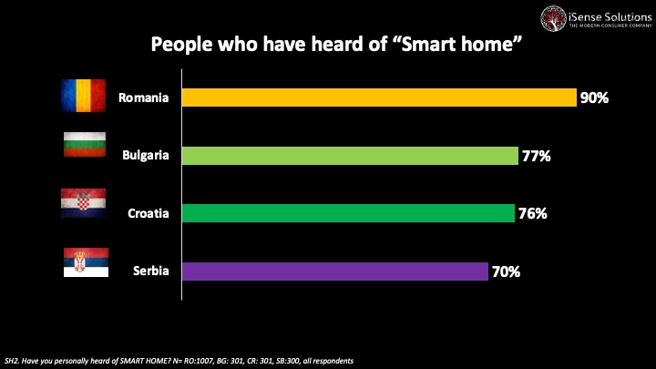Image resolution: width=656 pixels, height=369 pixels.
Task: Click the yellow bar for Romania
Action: [379, 97]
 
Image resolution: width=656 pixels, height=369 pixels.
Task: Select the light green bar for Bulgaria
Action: [350, 156]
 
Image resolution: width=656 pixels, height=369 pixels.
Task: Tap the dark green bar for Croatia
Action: [348, 213]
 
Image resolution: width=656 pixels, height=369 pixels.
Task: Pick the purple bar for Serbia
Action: [335, 272]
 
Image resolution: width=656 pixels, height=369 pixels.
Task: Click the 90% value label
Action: [594, 97]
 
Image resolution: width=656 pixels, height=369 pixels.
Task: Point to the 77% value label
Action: [536, 156]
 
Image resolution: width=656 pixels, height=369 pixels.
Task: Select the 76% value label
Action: [532, 213]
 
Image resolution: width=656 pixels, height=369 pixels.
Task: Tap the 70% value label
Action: [506, 272]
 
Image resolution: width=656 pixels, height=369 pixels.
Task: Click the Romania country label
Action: [144, 97]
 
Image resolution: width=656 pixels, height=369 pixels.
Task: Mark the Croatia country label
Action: [148, 213]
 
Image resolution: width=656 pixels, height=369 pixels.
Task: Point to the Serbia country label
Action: [151, 272]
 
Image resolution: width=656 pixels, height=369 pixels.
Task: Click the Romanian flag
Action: [84, 96]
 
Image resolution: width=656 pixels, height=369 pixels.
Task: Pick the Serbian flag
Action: [84, 262]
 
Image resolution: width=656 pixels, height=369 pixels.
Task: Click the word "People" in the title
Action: [182, 45]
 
